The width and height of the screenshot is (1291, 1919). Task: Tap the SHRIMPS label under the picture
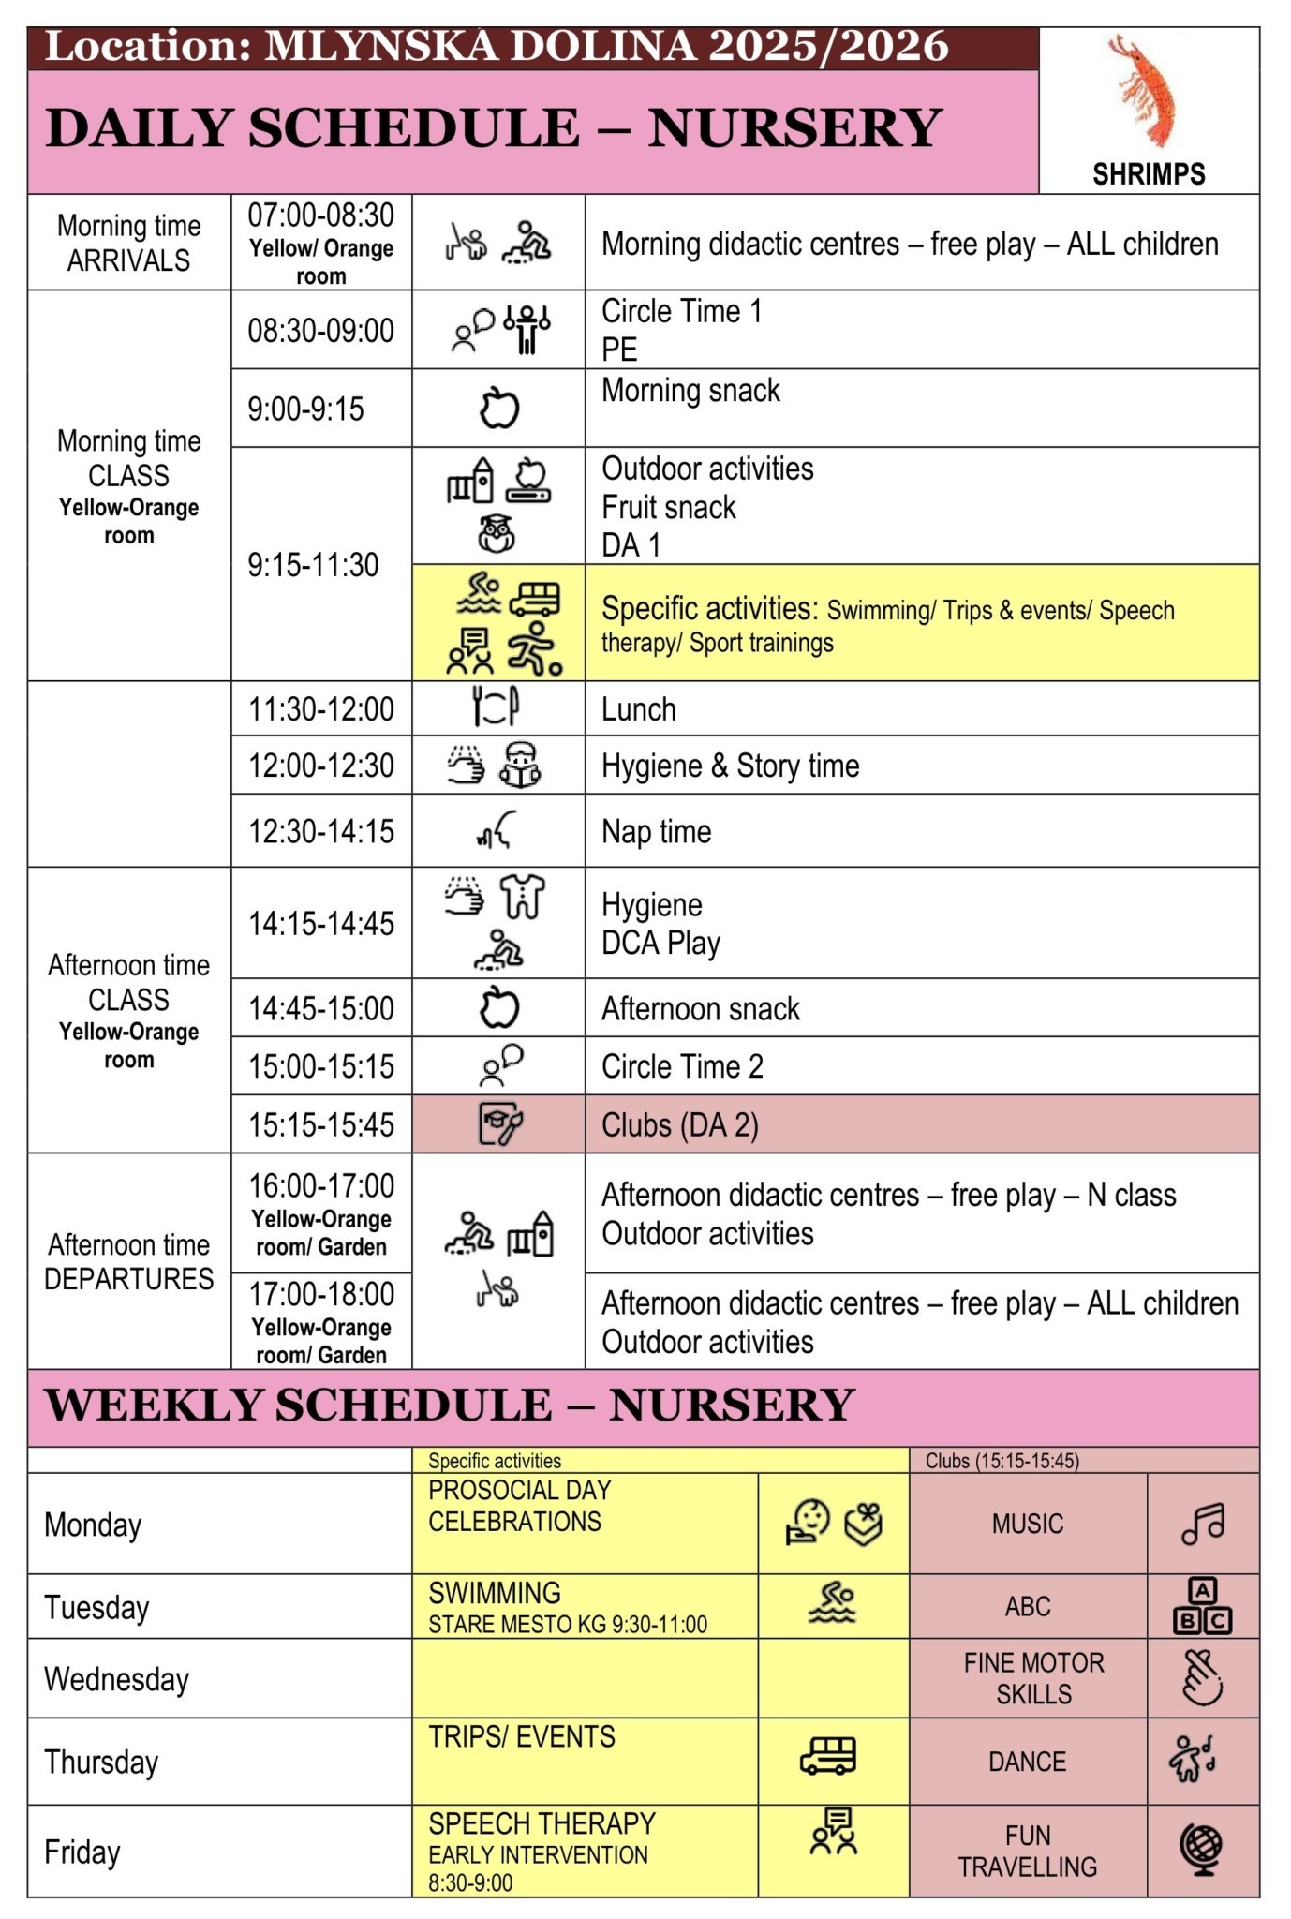coord(1149,174)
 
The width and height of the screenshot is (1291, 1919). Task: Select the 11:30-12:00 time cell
coord(320,709)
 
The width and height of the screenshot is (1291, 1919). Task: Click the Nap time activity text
coord(656,831)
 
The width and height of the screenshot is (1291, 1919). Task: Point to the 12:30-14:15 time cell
coord(320,831)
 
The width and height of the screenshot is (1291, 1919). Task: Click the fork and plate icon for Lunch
coord(496,707)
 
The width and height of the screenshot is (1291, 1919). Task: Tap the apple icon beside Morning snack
coord(499,409)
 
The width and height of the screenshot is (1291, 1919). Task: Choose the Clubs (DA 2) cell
coord(680,1124)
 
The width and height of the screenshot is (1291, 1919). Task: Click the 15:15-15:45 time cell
coord(320,1124)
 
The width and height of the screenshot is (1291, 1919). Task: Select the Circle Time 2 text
coord(682,1066)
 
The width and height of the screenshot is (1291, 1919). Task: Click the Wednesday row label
coord(116,1679)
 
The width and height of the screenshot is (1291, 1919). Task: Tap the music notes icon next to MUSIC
coord(1203,1525)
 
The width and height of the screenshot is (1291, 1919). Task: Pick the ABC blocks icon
coord(1203,1606)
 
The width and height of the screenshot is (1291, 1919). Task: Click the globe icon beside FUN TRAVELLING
coord(1203,1851)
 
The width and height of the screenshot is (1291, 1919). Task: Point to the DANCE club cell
coord(1027,1762)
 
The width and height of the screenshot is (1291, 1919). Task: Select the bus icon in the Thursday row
coord(828,1756)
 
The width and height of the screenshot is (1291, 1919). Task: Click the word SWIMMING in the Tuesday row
coord(495,1593)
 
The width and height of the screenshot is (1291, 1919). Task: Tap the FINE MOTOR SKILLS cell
coord(1033,1678)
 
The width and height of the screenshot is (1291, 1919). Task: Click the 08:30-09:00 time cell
coord(320,331)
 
